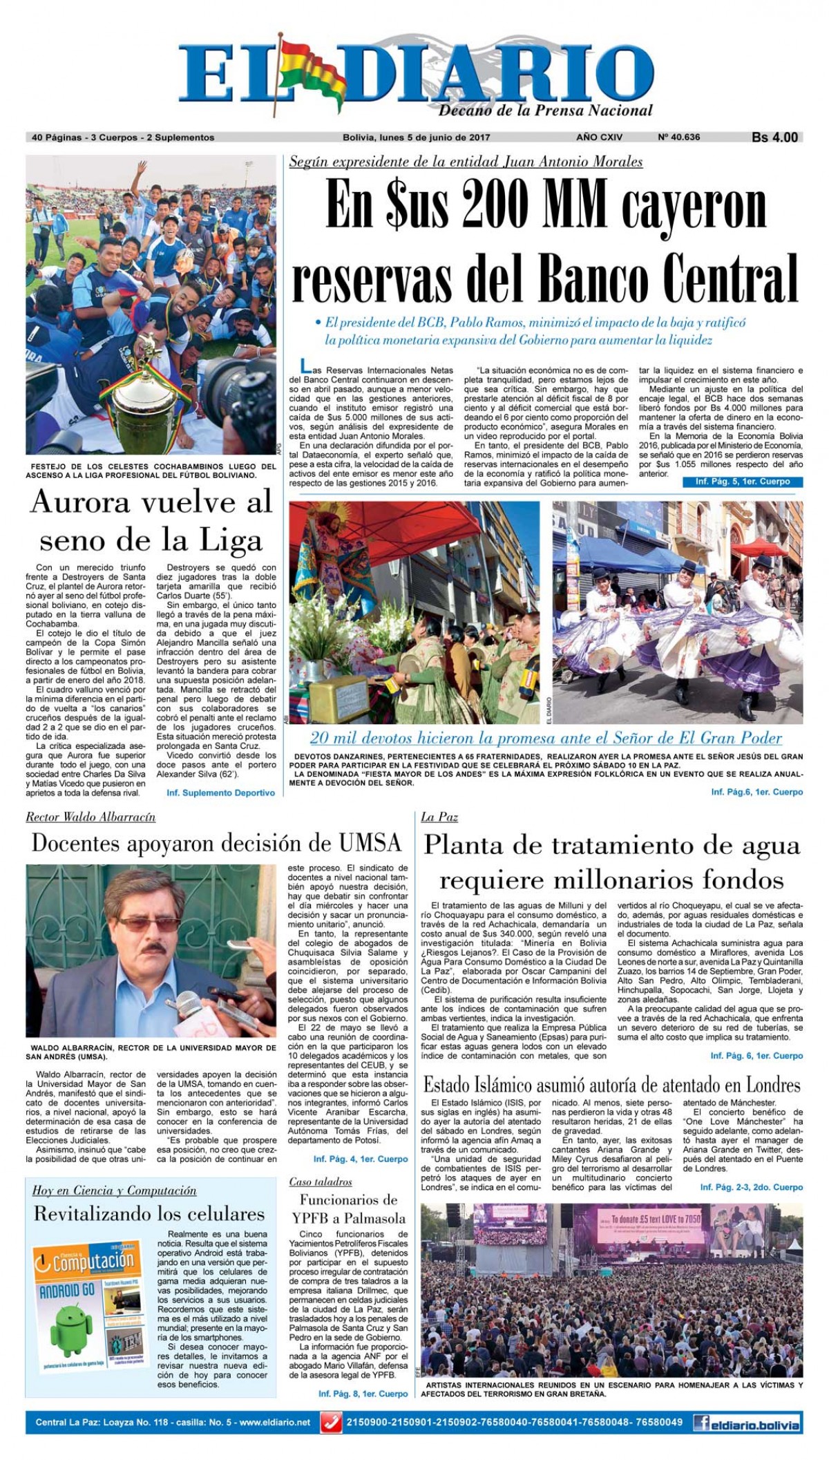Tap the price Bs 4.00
click(x=774, y=138)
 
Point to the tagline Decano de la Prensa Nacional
click(x=545, y=111)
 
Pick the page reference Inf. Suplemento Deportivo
click(x=220, y=793)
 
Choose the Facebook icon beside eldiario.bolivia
click(x=703, y=1423)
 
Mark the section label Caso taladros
click(x=321, y=1182)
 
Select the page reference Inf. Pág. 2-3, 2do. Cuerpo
click(x=751, y=1187)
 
